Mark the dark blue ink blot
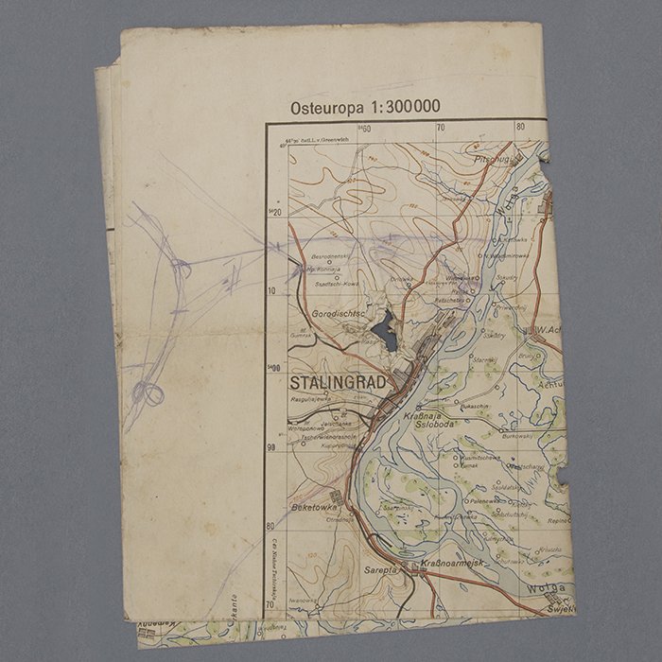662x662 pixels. tap(383, 332)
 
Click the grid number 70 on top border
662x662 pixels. tap(441, 128)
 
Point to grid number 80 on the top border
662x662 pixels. tap(520, 127)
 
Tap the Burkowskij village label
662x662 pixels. tap(519, 437)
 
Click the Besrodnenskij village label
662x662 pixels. tap(333, 256)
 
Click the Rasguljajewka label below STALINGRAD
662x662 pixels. tap(314, 400)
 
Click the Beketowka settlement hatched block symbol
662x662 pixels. tap(337, 496)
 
